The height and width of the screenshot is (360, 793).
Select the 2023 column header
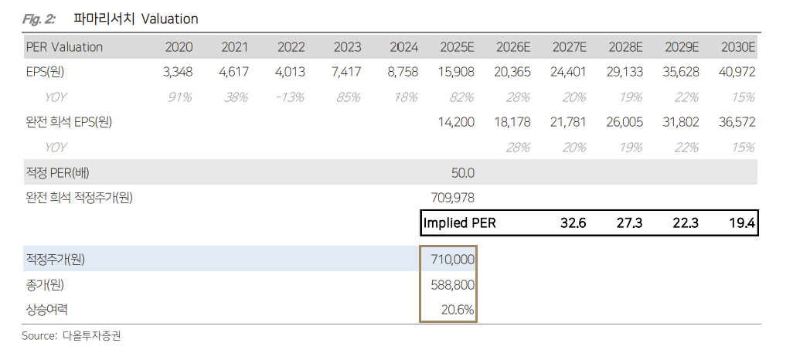click(x=347, y=47)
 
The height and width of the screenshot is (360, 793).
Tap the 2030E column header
click(x=737, y=47)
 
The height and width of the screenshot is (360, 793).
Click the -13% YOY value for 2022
click(x=291, y=97)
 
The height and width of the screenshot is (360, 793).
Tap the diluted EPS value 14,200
click(x=455, y=122)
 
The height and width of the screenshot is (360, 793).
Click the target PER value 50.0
click(x=462, y=172)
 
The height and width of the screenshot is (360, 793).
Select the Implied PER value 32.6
click(x=573, y=223)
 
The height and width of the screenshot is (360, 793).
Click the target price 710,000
click(x=453, y=260)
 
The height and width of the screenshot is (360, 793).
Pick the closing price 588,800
click(x=453, y=285)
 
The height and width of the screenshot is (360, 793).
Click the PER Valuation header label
click(x=64, y=47)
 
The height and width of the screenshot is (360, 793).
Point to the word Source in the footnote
click(x=39, y=336)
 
